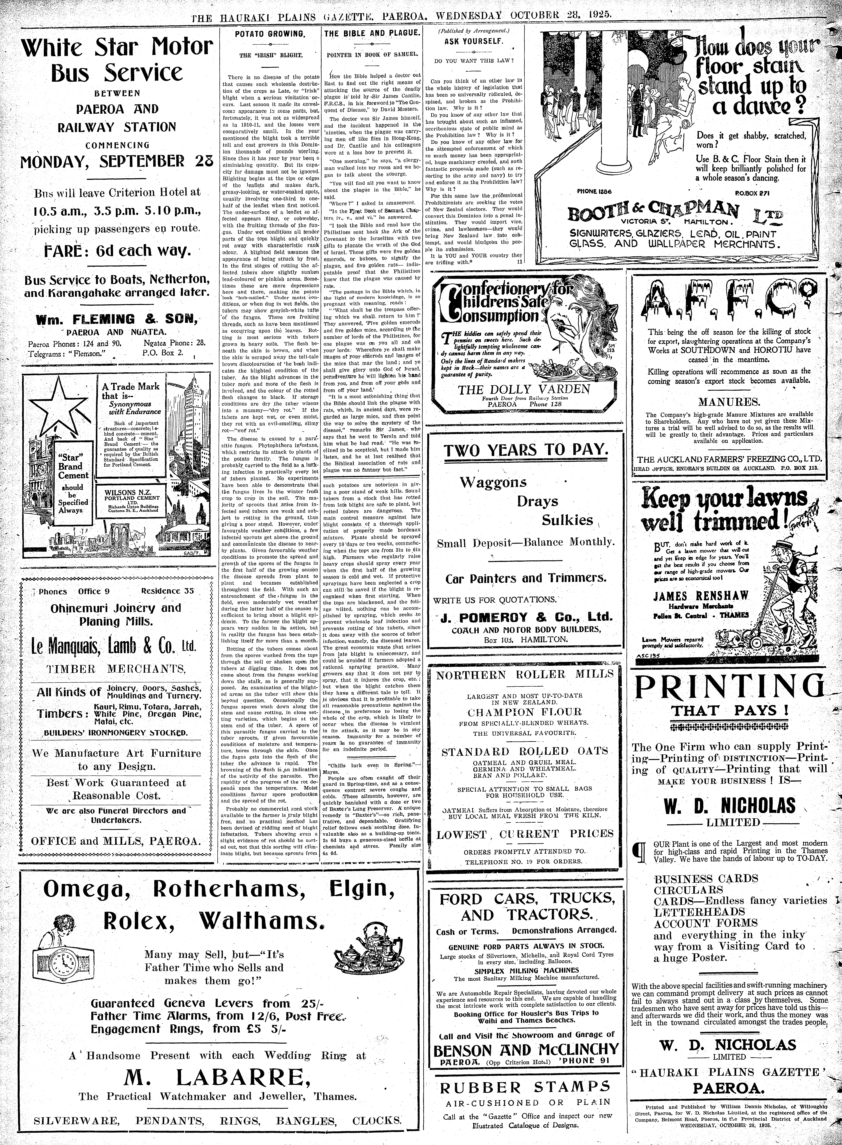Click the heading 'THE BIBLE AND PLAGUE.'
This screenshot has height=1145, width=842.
372,34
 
